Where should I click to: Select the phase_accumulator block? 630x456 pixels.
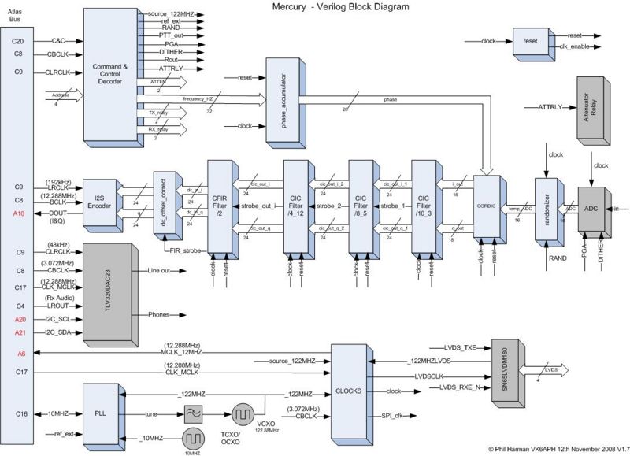click(x=284, y=102)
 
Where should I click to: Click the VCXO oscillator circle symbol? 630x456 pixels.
click(x=243, y=413)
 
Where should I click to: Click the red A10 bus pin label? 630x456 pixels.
click(x=18, y=213)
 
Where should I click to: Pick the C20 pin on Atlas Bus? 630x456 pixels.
click(x=18, y=40)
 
